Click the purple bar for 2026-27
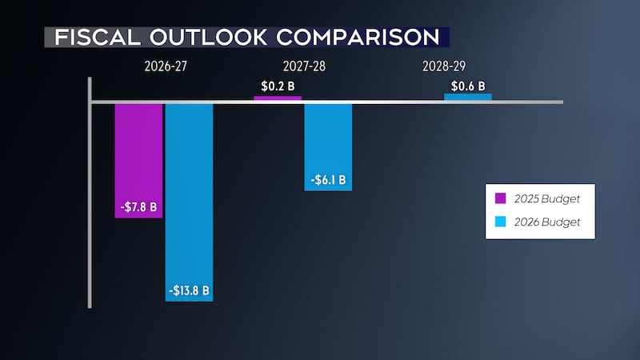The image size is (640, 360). tap(138, 152)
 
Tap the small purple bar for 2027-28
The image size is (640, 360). tap(278, 98)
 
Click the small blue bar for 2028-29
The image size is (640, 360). tap(468, 98)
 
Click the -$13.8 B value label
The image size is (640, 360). tap(189, 290)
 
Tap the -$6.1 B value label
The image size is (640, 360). tap(328, 180)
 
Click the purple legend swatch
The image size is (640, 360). tap(500, 198)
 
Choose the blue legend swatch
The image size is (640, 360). tap(500, 221)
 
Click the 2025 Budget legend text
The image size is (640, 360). tap(546, 198)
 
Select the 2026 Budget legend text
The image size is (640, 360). tap(546, 221)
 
